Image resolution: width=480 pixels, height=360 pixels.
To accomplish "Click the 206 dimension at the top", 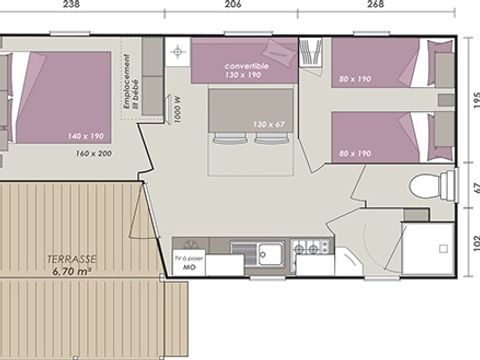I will click(x=232, y=5).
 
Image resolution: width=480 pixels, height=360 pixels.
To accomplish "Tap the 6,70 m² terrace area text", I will click(x=73, y=270).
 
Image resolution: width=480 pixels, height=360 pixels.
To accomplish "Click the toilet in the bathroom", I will click(x=427, y=184).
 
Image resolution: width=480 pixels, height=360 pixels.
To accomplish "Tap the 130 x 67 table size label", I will click(x=269, y=123).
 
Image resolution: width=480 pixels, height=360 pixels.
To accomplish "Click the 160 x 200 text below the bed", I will click(x=94, y=154).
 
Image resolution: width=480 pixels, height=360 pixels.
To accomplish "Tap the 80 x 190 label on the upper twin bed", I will click(x=355, y=77).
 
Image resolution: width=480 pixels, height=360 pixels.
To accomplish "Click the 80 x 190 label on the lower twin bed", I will click(x=355, y=153).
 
